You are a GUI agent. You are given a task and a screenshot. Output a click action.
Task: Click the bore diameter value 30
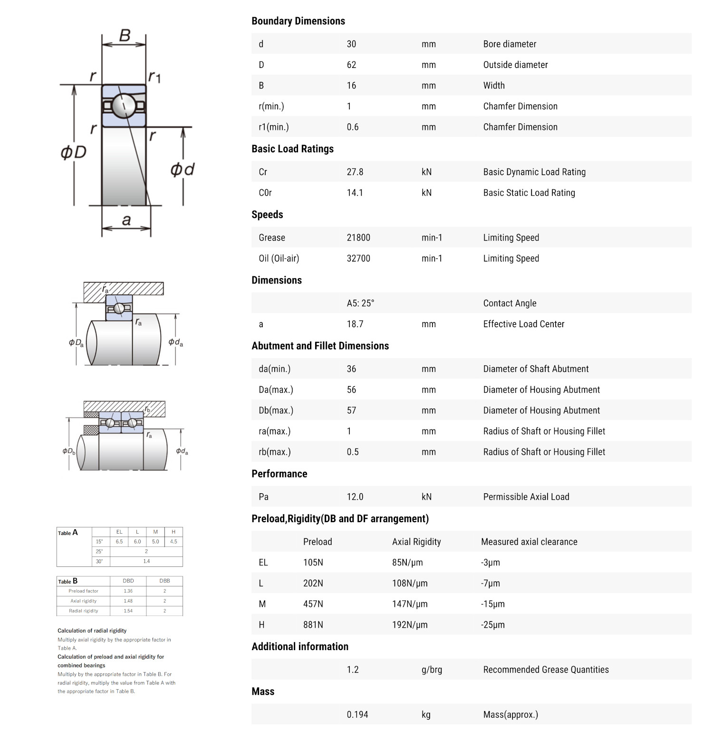click(351, 44)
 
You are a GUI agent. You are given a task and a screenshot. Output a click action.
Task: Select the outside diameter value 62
click(351, 65)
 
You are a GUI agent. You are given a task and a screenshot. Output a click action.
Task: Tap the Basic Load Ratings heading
click(292, 149)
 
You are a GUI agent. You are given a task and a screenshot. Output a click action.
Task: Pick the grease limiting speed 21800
click(358, 238)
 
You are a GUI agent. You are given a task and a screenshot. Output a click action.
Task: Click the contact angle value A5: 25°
click(360, 303)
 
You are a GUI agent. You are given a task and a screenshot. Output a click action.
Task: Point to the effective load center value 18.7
click(355, 324)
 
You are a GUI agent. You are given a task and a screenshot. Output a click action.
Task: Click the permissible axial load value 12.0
click(355, 497)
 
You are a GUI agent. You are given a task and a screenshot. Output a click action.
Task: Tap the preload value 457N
click(313, 604)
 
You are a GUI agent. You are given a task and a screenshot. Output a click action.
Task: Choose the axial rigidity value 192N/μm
click(410, 625)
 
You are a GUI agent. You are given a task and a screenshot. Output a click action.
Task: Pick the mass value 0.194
click(357, 715)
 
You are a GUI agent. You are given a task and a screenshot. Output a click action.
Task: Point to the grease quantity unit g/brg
click(432, 670)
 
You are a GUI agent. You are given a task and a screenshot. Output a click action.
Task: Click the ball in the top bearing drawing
click(124, 105)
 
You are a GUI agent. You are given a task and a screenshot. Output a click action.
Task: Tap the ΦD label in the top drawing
click(73, 152)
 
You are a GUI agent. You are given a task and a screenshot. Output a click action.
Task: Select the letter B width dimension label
click(125, 35)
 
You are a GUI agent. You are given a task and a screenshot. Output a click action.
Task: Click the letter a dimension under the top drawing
click(126, 220)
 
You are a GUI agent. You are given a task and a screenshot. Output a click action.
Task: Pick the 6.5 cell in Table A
click(119, 542)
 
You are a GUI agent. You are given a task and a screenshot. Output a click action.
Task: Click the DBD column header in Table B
click(128, 581)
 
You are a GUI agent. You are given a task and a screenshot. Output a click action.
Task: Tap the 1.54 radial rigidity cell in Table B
click(128, 611)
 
